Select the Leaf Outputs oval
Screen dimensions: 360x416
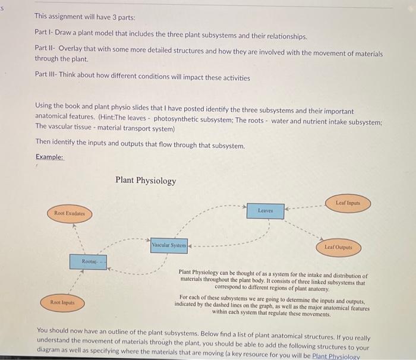coord(338,247)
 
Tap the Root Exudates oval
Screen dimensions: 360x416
coord(69,213)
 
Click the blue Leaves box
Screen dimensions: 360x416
coord(265,211)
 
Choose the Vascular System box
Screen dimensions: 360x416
coord(169,245)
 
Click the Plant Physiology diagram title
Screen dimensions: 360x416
coord(146,181)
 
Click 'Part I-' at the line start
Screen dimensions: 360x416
coord(45,36)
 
